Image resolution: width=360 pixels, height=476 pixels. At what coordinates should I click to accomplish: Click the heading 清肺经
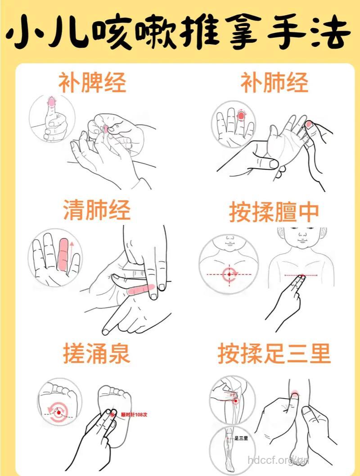[97, 210]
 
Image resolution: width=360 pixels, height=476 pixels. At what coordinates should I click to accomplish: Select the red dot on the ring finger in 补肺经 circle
[241, 116]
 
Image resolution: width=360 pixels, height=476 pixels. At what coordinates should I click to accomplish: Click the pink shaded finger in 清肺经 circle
[63, 255]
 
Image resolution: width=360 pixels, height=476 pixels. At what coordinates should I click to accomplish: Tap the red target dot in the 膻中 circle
[229, 274]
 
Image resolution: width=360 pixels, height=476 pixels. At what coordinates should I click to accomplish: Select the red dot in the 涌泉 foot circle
[58, 411]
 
